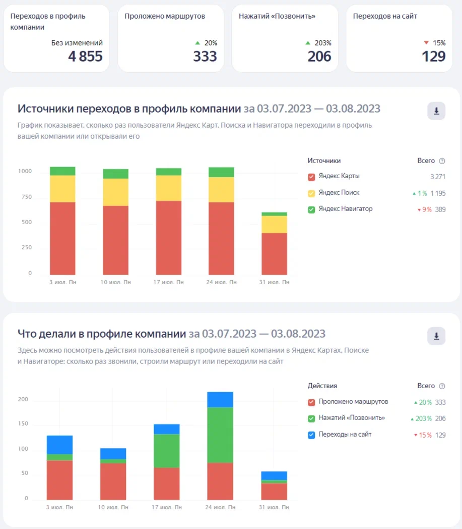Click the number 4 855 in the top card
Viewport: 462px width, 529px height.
coord(85,56)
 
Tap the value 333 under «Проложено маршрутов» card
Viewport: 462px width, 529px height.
coord(205,56)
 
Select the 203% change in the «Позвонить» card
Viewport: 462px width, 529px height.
coord(322,43)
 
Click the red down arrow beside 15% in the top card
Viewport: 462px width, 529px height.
coord(426,43)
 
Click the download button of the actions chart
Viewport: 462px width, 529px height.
coord(436,336)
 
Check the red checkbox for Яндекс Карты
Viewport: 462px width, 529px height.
coord(311,177)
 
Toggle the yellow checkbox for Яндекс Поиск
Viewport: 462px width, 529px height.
coord(311,193)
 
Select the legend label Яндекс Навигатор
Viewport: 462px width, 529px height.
coord(346,208)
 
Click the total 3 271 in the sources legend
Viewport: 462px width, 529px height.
coord(438,177)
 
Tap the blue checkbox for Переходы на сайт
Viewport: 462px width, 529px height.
coord(311,435)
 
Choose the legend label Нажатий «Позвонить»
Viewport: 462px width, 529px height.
coord(352,418)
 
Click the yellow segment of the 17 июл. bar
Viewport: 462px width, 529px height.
coord(168,188)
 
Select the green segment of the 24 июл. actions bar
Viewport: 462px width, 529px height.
coord(220,435)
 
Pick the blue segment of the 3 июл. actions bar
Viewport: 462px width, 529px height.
coord(59,445)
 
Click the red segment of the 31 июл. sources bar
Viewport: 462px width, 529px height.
coord(274,253)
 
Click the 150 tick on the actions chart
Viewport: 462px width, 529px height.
coord(24,424)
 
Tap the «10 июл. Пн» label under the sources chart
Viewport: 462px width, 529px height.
coord(115,282)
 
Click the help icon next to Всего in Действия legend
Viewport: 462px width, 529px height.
coord(442,386)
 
